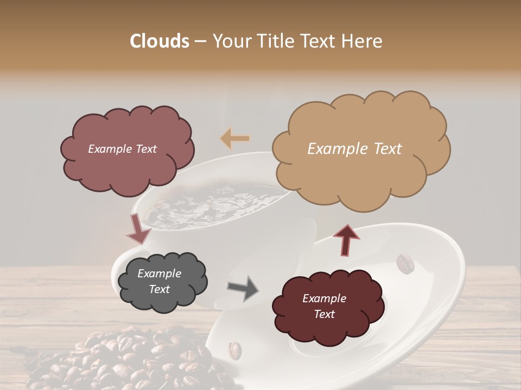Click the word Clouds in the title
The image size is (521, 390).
tap(160, 41)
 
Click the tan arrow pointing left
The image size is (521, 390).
tap(234, 139)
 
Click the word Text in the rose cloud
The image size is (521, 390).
tap(145, 149)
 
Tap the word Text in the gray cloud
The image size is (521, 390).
tap(160, 289)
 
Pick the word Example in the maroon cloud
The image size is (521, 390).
tap(324, 298)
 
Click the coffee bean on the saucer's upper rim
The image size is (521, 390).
tap(405, 264)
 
